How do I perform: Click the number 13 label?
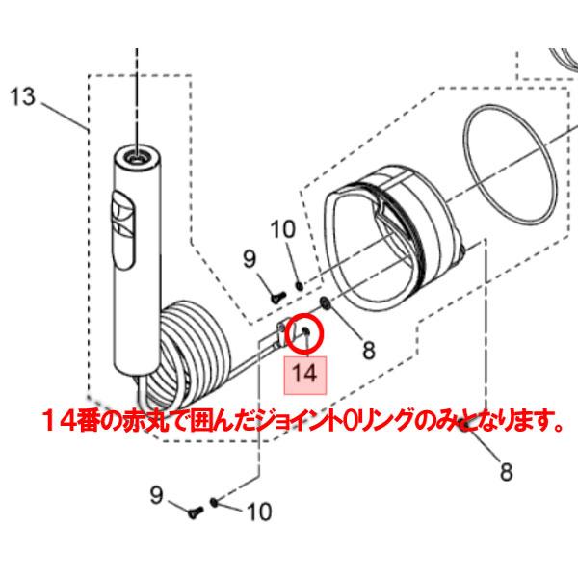(22, 96)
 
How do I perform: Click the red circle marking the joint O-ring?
(305, 329)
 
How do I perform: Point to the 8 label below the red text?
(507, 473)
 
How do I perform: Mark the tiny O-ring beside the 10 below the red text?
(213, 501)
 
